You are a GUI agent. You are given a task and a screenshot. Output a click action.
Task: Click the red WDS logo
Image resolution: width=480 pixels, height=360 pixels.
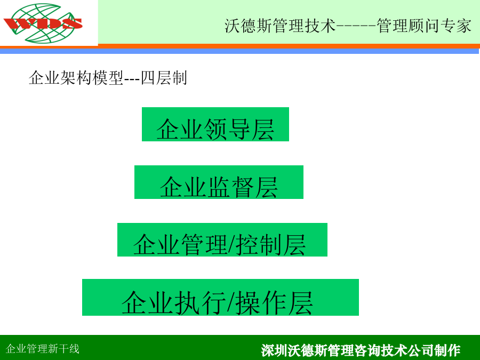pyautogui.click(x=43, y=23)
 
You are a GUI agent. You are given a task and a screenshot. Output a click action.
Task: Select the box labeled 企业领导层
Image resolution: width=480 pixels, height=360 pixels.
pyautogui.click(x=215, y=124)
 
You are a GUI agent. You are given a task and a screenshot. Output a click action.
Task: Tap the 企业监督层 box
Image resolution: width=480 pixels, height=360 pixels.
pyautogui.click(x=219, y=182)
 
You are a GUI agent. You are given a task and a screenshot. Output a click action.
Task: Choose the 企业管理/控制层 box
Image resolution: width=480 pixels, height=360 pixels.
pyautogui.click(x=222, y=239)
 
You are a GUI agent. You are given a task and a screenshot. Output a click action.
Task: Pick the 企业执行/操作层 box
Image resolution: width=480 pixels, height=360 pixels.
pyautogui.click(x=220, y=297)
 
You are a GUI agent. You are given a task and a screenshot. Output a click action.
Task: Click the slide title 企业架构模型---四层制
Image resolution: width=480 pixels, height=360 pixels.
pyautogui.click(x=108, y=78)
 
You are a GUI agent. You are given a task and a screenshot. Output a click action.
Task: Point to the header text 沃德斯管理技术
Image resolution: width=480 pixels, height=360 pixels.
pyautogui.click(x=280, y=26)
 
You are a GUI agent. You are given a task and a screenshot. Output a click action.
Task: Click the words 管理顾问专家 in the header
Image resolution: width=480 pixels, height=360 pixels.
pyautogui.click(x=423, y=26)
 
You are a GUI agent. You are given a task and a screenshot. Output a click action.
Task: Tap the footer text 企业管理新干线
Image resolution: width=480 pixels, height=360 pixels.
pyautogui.click(x=43, y=349)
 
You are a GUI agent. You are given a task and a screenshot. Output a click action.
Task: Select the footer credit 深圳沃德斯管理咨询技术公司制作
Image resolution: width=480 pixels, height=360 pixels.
pyautogui.click(x=361, y=350)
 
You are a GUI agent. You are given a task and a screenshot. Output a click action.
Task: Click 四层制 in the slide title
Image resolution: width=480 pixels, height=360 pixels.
pyautogui.click(x=164, y=78)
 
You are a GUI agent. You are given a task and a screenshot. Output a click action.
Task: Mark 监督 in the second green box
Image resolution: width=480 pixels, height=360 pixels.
pyautogui.click(x=231, y=187)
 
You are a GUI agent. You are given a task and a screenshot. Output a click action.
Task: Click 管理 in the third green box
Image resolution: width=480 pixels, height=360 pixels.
pyautogui.click(x=204, y=245)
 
